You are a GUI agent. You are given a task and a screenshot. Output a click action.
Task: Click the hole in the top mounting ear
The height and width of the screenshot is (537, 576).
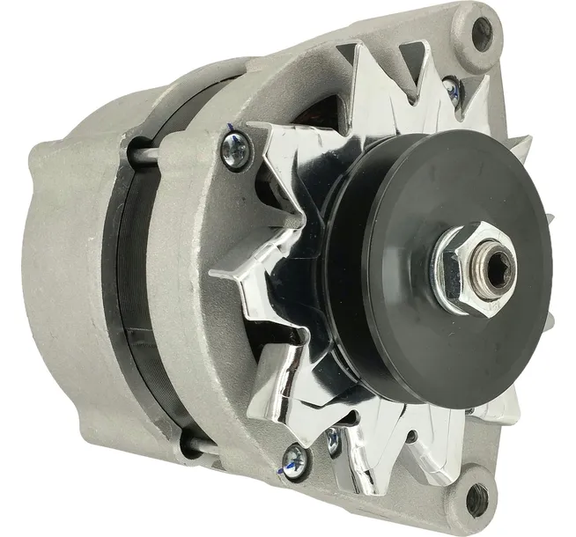pyautogui.click(x=482, y=33)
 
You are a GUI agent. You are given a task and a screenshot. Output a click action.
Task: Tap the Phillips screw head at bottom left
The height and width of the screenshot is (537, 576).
pyautogui.click(x=292, y=457)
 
